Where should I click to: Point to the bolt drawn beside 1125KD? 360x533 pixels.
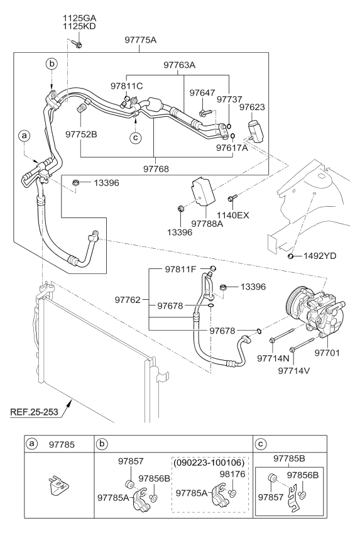(x=77, y=44)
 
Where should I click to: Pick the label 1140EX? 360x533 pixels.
(x=234, y=216)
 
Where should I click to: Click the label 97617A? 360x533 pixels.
(x=232, y=149)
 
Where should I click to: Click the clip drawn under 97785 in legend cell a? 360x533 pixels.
(x=55, y=488)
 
